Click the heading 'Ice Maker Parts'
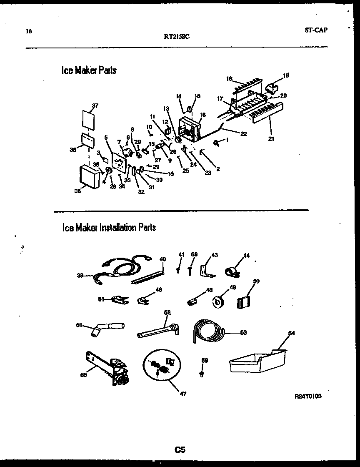point(89,70)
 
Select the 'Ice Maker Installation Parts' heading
point(109,228)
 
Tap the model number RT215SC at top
point(177,36)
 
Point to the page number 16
point(28,31)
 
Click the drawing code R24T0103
point(308,397)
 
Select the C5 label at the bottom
point(180,449)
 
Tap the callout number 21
point(271,139)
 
